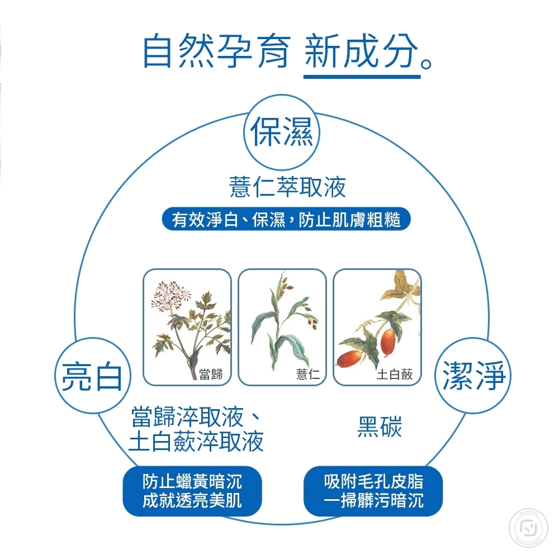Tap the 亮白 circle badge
click(x=92, y=375)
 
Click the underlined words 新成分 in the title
click(x=362, y=51)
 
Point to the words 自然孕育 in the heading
click(x=216, y=51)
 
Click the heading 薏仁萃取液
click(x=287, y=187)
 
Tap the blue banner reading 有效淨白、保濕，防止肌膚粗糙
click(x=286, y=219)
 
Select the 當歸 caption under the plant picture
click(x=211, y=375)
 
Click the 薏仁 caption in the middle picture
click(x=307, y=375)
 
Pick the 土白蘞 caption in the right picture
click(x=395, y=375)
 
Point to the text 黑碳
click(x=380, y=429)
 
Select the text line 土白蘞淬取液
click(x=196, y=442)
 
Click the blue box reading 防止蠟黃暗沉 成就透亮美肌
click(x=192, y=491)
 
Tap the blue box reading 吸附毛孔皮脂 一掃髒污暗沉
click(x=373, y=491)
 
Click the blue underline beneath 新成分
click(x=362, y=76)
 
